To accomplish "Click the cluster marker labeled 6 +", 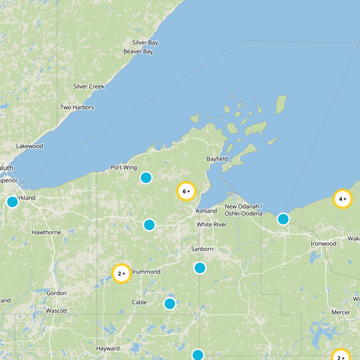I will point(186,191).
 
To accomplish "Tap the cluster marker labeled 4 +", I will point(342,198).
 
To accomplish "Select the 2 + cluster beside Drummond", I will point(121,273).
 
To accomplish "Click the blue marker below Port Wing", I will point(146,178).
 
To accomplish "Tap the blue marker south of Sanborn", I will point(200,268).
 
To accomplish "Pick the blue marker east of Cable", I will point(170,304).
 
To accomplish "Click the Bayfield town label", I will point(217,159).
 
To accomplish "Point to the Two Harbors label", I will point(77,108).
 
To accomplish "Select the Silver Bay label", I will point(145,43).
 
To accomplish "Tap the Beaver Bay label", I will point(138,52).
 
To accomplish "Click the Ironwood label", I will point(323,244).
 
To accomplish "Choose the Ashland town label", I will point(206,211).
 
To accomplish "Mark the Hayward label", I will point(108,349).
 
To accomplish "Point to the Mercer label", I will point(341,312).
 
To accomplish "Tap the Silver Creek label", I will point(89,86).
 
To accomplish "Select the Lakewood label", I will point(30,146).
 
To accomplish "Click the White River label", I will point(211,225).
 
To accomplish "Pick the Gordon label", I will point(56,293).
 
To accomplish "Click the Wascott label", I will point(56,311).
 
